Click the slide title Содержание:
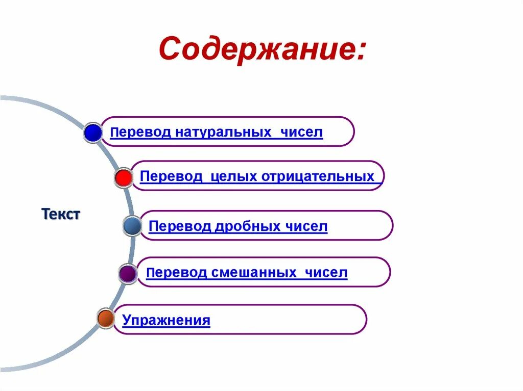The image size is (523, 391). click(262, 50)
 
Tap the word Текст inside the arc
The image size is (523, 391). click(61, 214)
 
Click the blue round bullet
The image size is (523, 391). click(93, 133)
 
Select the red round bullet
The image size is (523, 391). click(123, 177)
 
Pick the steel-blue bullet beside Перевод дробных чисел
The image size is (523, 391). click(132, 226)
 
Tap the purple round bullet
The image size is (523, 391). click(128, 274)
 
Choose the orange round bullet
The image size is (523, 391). click(106, 318)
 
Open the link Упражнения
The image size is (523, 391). click(167, 321)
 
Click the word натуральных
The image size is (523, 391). click(224, 133)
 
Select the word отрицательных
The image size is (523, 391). click(318, 177)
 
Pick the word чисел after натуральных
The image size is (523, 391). click(301, 133)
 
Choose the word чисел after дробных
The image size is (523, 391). click(306, 226)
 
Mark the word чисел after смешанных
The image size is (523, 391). click(326, 273)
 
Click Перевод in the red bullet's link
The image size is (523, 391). click(171, 177)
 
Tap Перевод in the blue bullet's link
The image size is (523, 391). click(140, 133)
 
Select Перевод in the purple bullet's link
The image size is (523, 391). click(176, 273)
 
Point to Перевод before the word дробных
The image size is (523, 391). click(179, 226)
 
